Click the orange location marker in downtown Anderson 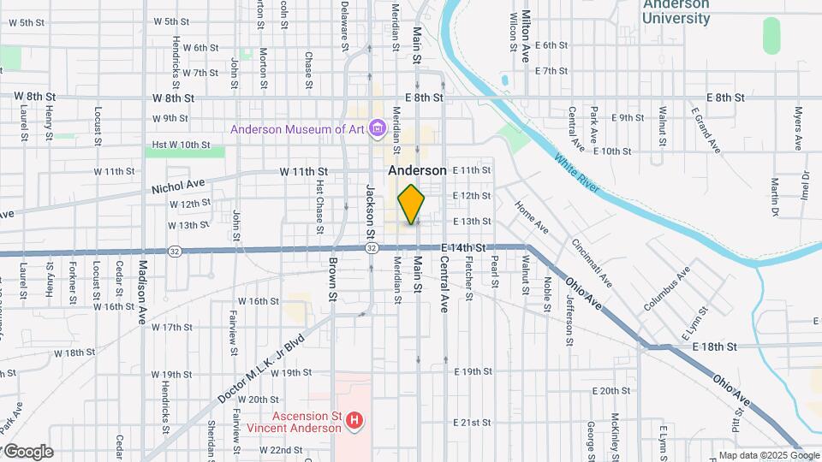412,204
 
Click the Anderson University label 676,10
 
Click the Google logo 28,452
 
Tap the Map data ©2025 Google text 768,455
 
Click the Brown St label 332,278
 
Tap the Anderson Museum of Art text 297,129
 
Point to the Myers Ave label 797,126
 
